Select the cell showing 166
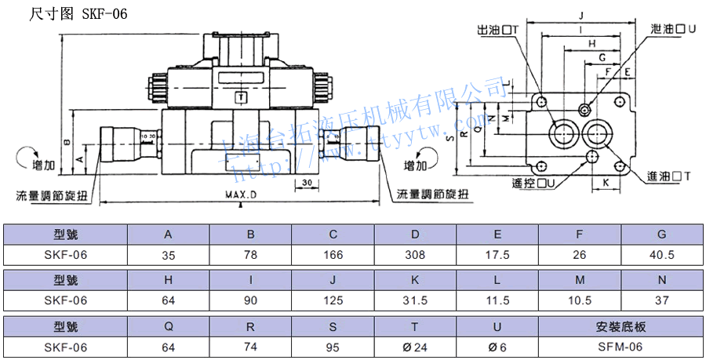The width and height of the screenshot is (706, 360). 333,255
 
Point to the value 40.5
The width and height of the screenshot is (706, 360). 661,255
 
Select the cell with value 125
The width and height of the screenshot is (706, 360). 333,300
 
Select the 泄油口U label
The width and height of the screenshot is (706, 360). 673,28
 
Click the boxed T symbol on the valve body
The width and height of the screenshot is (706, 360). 241,97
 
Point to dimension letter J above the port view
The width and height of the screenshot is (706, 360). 581,15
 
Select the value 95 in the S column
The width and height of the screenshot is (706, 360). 333,347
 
